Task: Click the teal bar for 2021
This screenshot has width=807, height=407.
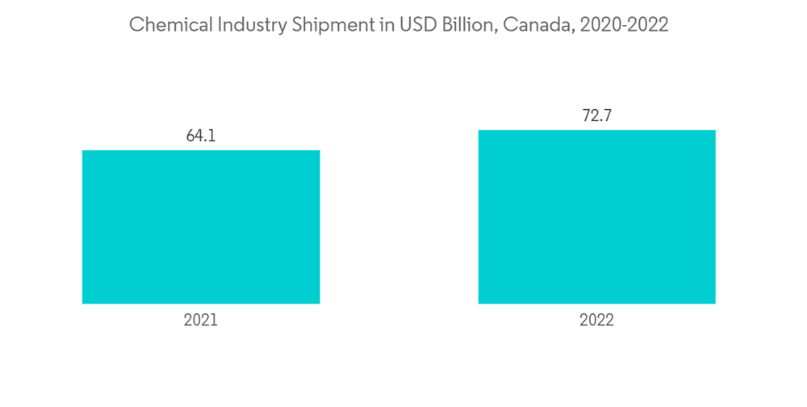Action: (x=201, y=227)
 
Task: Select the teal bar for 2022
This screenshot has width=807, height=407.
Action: (x=596, y=216)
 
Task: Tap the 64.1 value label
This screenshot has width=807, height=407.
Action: (x=201, y=136)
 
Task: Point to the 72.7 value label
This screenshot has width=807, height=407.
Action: (x=596, y=115)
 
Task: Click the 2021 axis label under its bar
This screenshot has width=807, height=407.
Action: (x=201, y=320)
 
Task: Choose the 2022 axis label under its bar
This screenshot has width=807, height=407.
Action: (x=596, y=320)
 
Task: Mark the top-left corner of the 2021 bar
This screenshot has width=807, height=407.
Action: (x=83, y=151)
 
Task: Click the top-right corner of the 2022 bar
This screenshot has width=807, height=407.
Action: (x=715, y=131)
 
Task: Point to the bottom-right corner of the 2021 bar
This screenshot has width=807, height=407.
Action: (x=320, y=303)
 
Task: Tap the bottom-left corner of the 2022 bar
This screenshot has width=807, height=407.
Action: (x=479, y=303)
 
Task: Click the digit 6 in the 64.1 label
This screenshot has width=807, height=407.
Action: (x=190, y=136)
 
